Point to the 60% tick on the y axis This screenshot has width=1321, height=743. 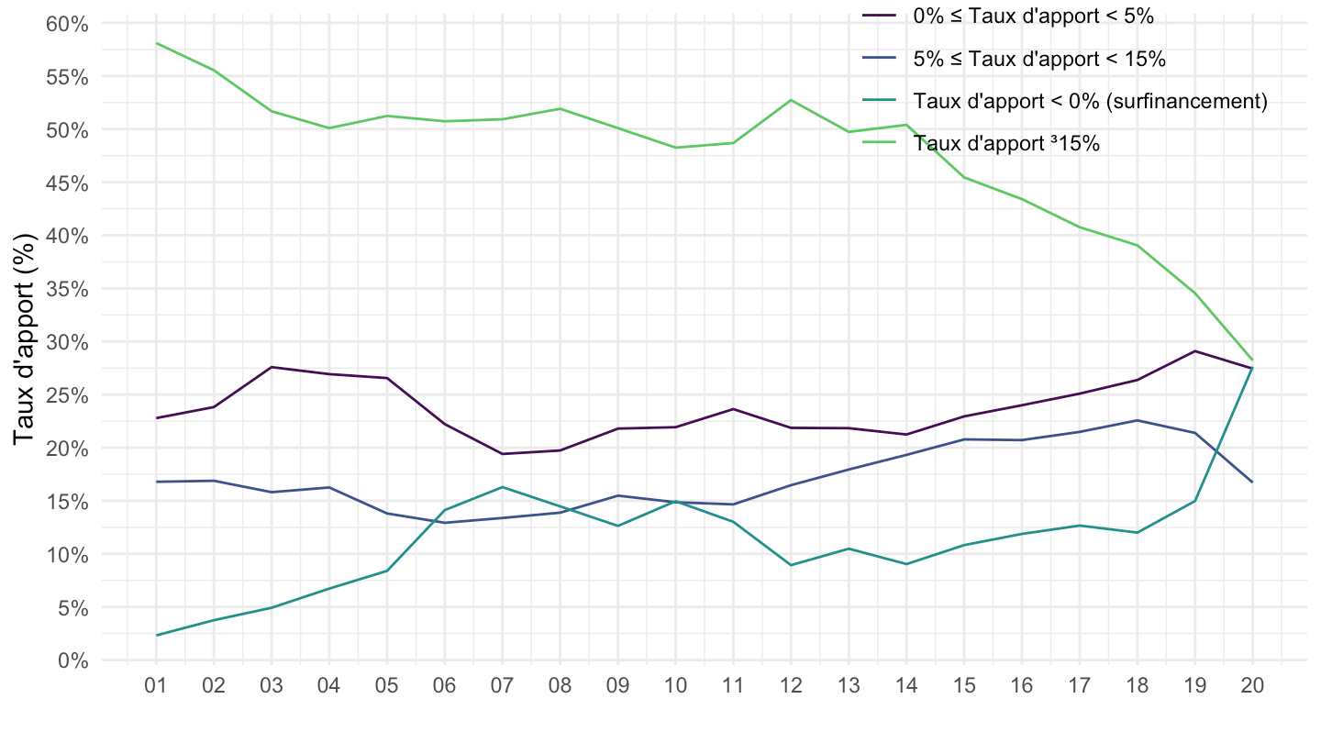[x=68, y=24]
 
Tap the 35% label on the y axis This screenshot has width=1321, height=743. [x=68, y=289]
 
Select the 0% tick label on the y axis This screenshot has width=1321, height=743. [x=72, y=660]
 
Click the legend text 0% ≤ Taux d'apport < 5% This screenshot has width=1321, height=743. [x=1033, y=16]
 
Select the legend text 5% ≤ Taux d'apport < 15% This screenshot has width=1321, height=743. [x=1039, y=60]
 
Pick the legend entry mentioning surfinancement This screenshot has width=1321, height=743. [x=1090, y=101]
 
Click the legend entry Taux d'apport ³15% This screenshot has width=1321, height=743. [x=1005, y=143]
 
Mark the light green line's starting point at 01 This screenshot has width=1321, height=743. [x=156, y=43]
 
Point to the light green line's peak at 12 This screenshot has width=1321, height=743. [x=790, y=100]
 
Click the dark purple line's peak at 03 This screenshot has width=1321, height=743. [x=272, y=367]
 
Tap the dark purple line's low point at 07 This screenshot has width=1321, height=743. [x=502, y=454]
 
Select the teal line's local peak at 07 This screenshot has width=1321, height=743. [x=502, y=487]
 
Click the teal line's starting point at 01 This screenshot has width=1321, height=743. [x=156, y=635]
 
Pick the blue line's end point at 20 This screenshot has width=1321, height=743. [x=1252, y=482]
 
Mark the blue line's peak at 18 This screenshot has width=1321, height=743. [x=1137, y=420]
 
